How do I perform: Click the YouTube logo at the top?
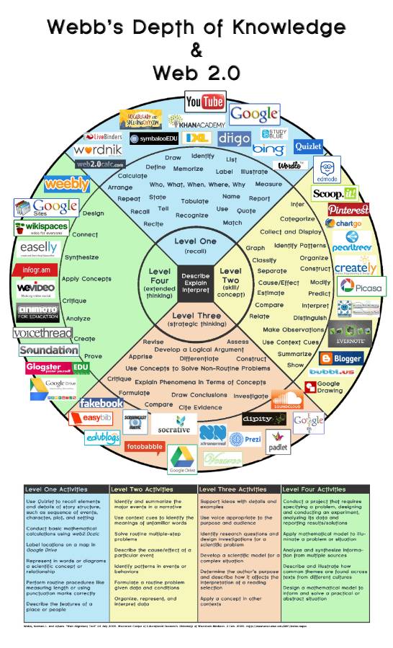pos(204,102)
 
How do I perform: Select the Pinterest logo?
pos(348,210)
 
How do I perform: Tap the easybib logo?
pos(84,418)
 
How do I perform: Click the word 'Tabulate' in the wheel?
pos(194,201)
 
